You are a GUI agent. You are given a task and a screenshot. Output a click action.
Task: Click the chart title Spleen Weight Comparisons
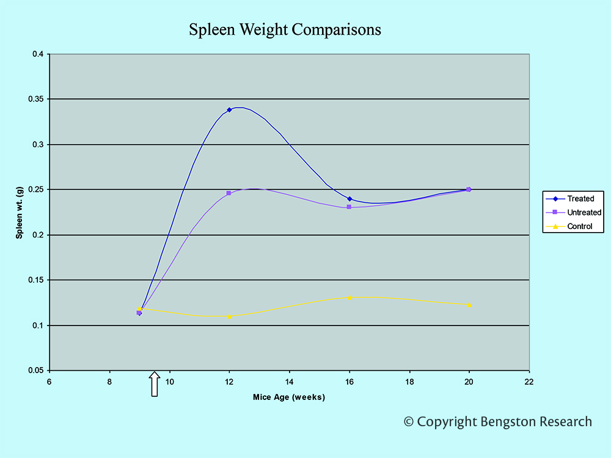[285, 29]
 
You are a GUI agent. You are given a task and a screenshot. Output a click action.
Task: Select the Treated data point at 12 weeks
[229, 110]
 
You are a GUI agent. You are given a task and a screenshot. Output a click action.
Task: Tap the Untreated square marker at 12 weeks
[229, 193]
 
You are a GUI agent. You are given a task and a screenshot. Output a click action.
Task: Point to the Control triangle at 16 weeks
[349, 297]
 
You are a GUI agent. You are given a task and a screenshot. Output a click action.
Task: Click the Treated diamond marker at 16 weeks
[349, 198]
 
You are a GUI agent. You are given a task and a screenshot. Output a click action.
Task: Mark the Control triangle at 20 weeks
[469, 305]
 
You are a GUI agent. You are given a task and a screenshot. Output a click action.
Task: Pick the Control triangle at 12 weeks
[229, 316]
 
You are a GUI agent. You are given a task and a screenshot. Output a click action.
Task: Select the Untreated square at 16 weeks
[349, 207]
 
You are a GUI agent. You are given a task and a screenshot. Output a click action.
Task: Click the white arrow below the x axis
[155, 384]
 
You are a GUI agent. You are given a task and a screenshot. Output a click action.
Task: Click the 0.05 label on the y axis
[36, 371]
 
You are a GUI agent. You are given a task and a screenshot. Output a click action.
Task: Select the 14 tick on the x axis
[290, 382]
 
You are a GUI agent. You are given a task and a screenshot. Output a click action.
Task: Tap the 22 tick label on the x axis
[529, 382]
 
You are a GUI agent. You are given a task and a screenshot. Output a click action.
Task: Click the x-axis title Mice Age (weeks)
[289, 398]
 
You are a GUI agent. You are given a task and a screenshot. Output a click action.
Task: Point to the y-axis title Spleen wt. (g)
[20, 212]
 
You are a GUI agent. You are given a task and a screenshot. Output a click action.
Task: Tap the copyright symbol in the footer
[409, 422]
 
